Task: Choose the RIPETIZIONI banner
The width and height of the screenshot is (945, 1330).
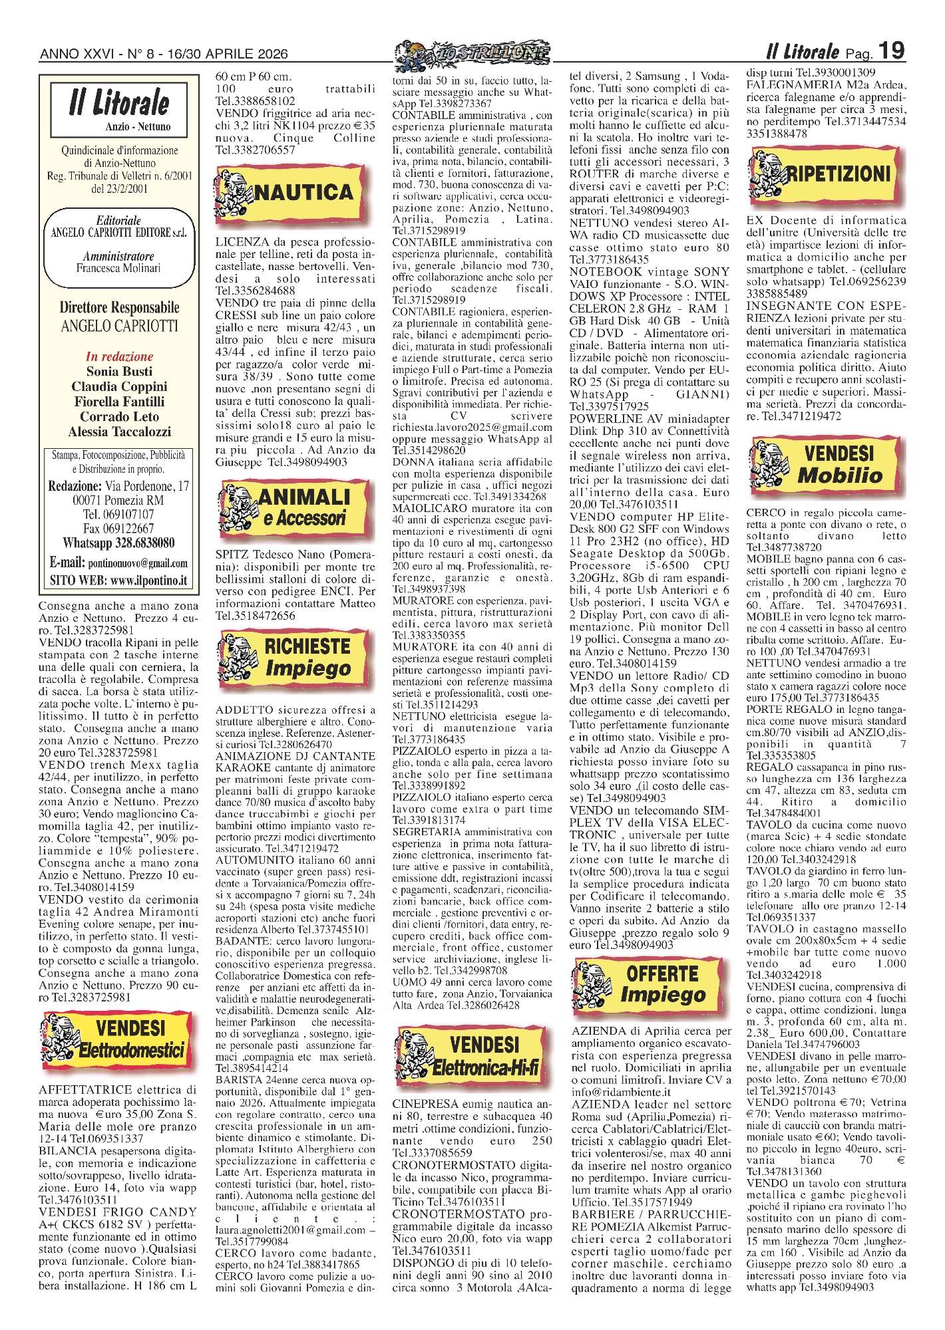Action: pyautogui.click(x=829, y=176)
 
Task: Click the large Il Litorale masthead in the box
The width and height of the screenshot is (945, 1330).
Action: pyautogui.click(x=119, y=104)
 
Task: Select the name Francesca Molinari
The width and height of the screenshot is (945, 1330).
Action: pyautogui.click(x=118, y=268)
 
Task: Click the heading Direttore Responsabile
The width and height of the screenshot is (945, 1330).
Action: pyautogui.click(x=119, y=307)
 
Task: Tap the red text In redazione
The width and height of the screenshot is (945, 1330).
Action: pyautogui.click(x=119, y=356)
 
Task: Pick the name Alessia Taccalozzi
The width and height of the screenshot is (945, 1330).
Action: pyautogui.click(x=119, y=432)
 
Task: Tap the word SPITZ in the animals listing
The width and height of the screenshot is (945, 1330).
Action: pyautogui.click(x=230, y=555)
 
